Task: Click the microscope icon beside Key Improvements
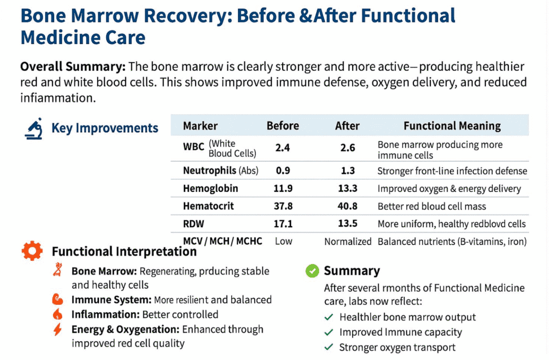[34, 129]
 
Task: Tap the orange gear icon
[32, 251]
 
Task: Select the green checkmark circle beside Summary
[312, 271]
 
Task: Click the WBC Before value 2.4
[283, 148]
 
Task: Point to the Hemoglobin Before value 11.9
[283, 189]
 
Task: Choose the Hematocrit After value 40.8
[347, 206]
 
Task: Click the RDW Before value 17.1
[283, 223]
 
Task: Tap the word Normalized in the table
[347, 241]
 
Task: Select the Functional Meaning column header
[452, 126]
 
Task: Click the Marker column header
[200, 126]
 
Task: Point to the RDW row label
[194, 223]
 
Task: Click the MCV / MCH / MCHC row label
[222, 241]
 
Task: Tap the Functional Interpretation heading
[124, 251]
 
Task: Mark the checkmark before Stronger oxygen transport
[329, 348]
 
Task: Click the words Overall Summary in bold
[72, 67]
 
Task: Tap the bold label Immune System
[111, 299]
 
